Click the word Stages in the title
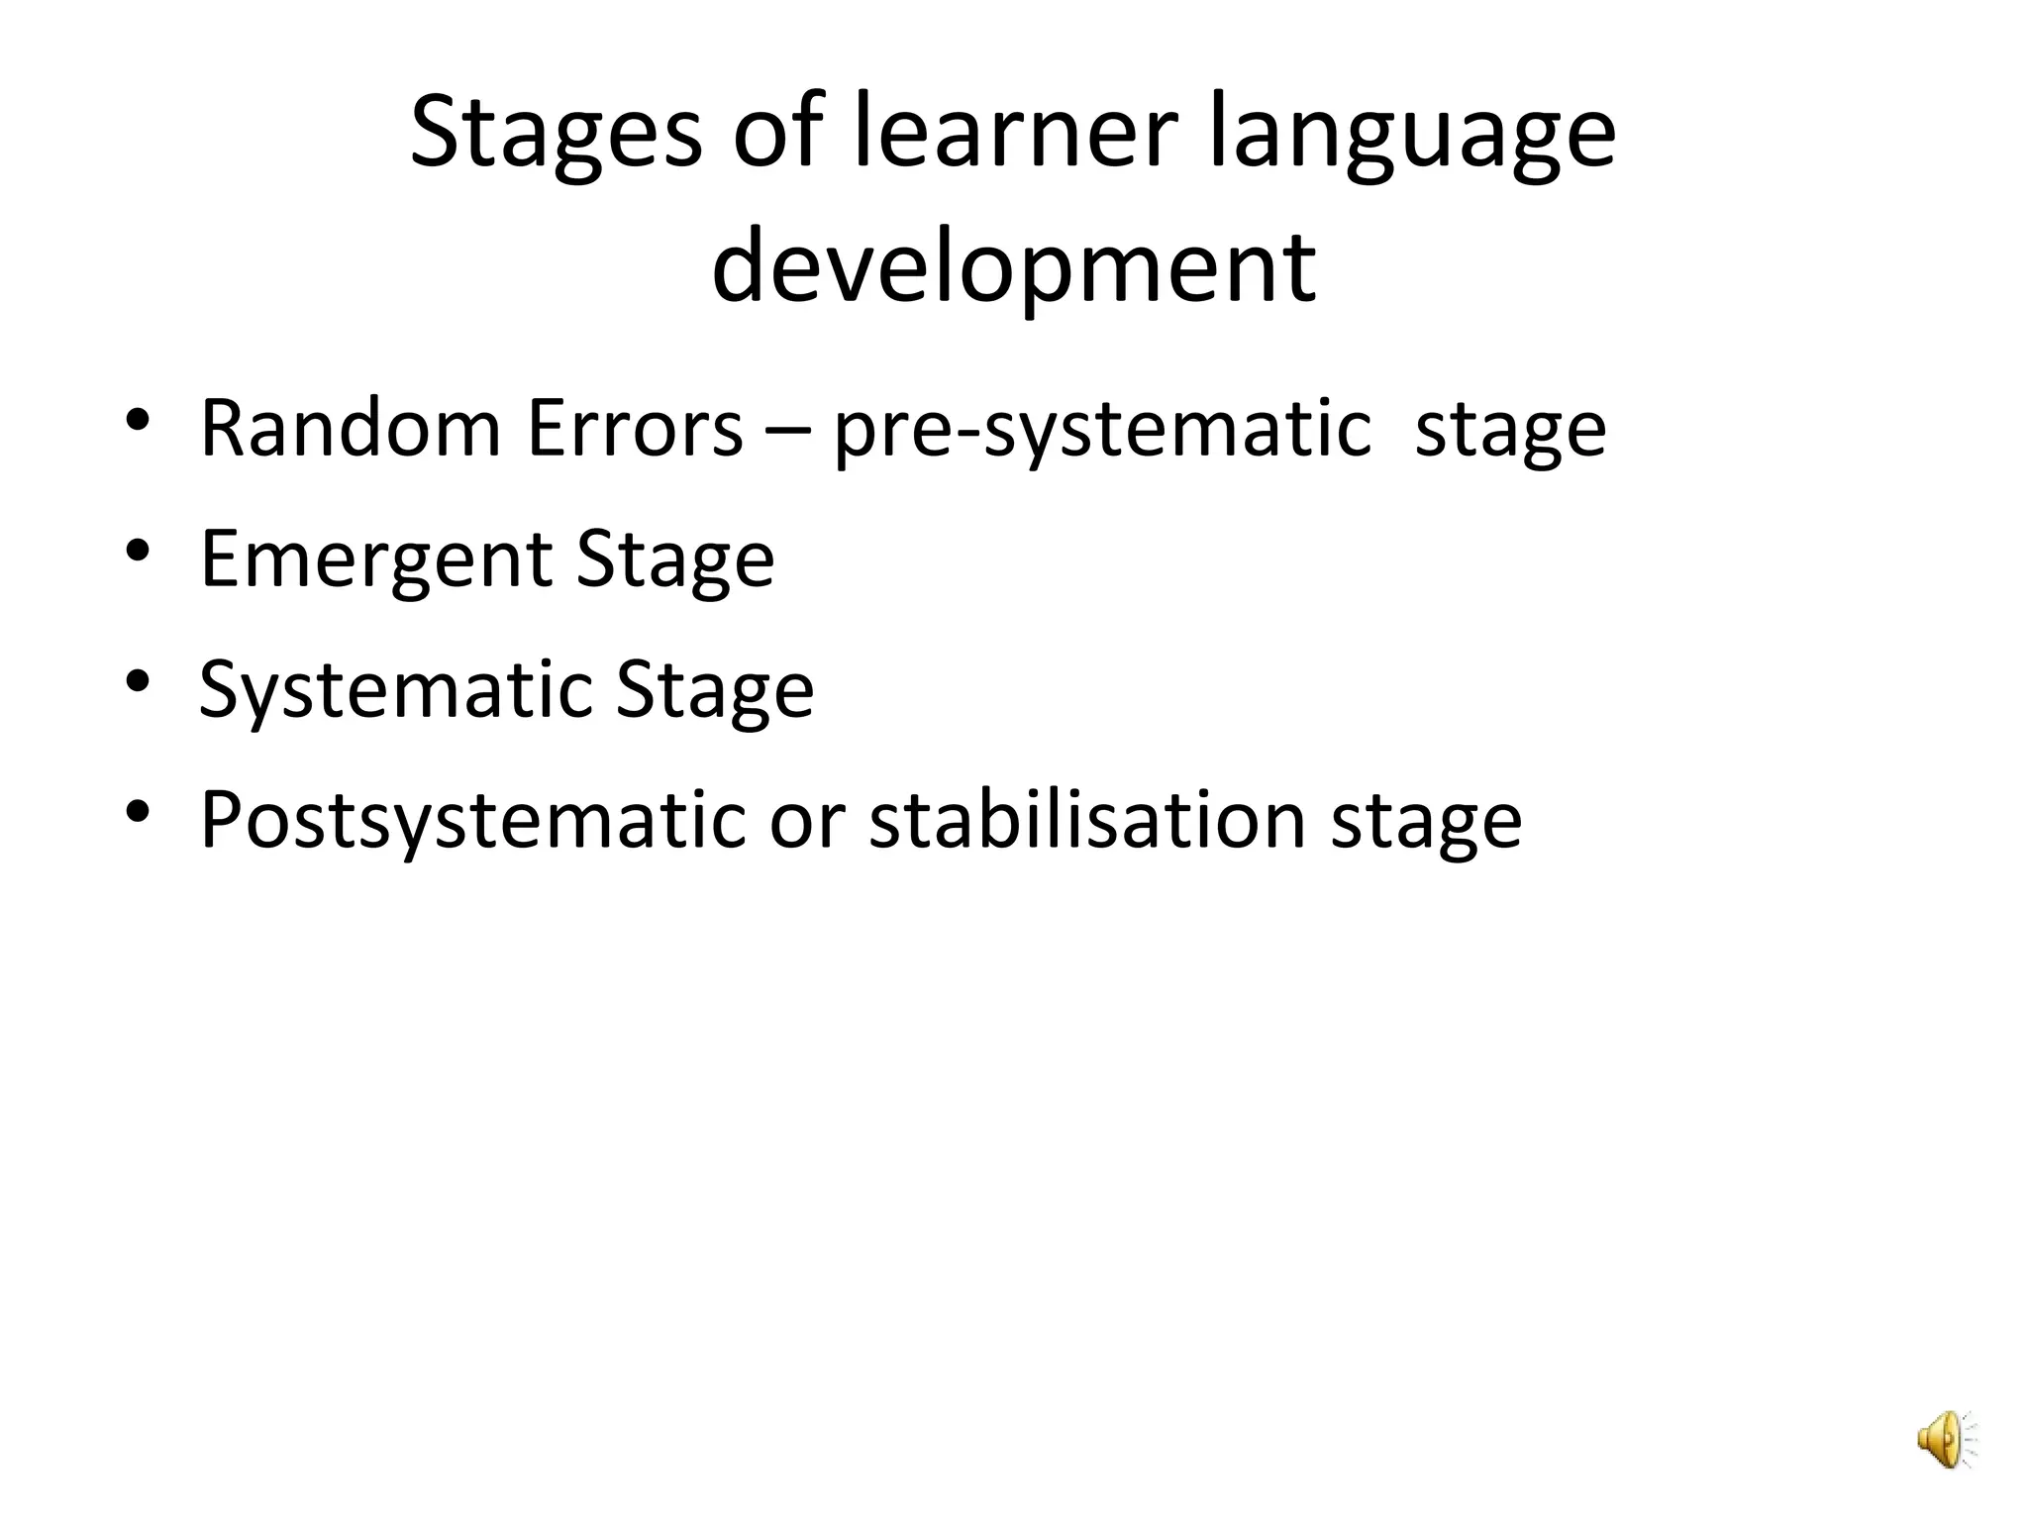tap(556, 134)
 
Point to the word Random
tap(351, 428)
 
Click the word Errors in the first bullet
tap(635, 428)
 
